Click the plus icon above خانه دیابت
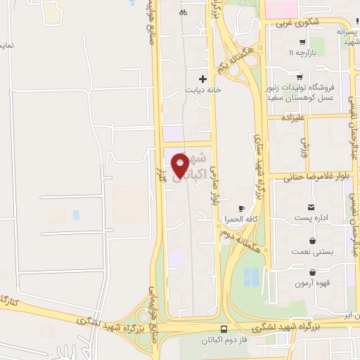coord(203,79)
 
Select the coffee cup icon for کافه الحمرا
coord(241,209)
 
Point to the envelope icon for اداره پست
coord(311,207)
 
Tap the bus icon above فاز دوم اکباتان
coord(224,329)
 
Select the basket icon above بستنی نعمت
coord(311,240)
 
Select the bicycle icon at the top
coord(183,12)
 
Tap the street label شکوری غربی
coord(292,22)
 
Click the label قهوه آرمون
coord(311,283)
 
